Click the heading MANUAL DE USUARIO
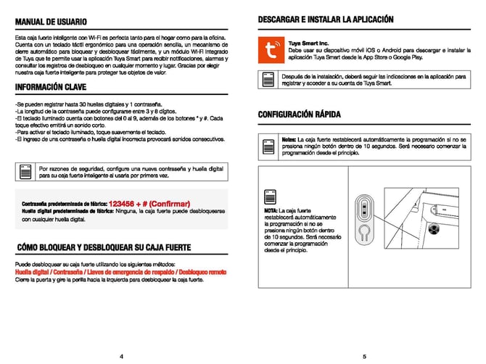tap(51, 22)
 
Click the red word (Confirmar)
tap(171, 204)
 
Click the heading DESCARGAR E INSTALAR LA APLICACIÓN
tap(326, 19)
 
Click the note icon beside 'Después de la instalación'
tap(268, 80)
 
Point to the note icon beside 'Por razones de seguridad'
tap(26, 172)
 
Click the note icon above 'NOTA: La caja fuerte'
tap(269, 197)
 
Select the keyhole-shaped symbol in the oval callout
tap(365, 231)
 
